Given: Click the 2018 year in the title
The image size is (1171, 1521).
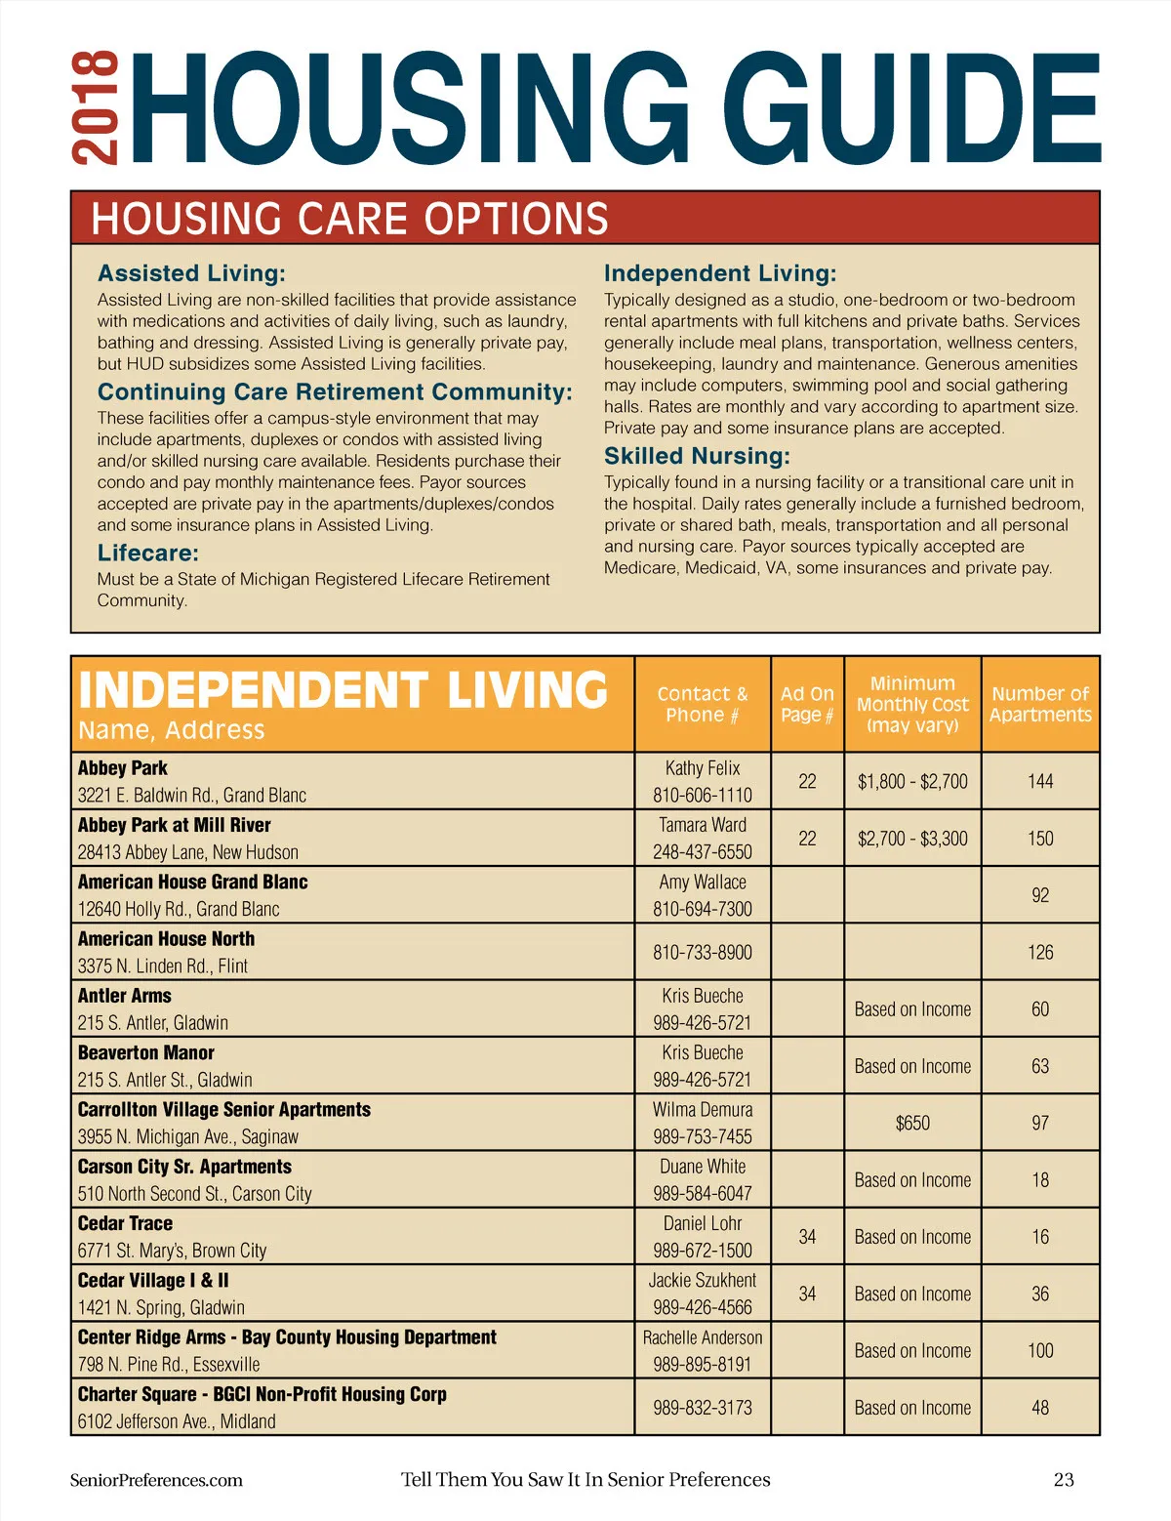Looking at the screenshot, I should (x=96, y=108).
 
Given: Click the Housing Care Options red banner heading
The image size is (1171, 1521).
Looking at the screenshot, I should (x=349, y=219).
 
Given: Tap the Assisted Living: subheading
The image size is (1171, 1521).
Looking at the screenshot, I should (x=191, y=273).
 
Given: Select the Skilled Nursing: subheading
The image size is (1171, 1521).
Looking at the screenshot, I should (x=697, y=456).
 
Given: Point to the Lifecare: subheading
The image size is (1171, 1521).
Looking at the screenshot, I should (x=147, y=553).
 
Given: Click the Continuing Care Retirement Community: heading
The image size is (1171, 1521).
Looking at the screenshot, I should (x=335, y=391).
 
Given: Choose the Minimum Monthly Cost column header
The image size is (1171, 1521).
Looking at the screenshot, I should (x=912, y=704).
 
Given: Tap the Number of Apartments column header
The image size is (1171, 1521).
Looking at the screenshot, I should (x=1040, y=704).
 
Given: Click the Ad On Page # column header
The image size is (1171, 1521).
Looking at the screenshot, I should (x=807, y=704).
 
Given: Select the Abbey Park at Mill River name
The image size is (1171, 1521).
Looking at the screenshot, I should (x=174, y=825).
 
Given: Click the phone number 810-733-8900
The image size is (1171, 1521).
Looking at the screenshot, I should (x=703, y=952).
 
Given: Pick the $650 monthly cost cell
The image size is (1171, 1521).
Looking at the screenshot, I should (x=912, y=1123).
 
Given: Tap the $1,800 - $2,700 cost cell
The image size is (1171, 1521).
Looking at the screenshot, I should (x=912, y=781).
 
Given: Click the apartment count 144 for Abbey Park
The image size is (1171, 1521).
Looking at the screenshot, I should (x=1040, y=781).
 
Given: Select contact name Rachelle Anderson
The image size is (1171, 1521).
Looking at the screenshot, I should (x=703, y=1337).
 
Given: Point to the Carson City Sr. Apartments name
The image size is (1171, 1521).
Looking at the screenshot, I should (x=184, y=1167).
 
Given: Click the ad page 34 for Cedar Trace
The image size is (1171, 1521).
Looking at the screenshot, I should (x=807, y=1237).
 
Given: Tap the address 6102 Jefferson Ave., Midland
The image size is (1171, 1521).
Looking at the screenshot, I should (x=177, y=1421).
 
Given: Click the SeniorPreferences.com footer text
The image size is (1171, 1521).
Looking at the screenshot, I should (x=156, y=1480).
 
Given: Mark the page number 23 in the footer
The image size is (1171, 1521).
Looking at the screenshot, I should (x=1064, y=1480).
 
